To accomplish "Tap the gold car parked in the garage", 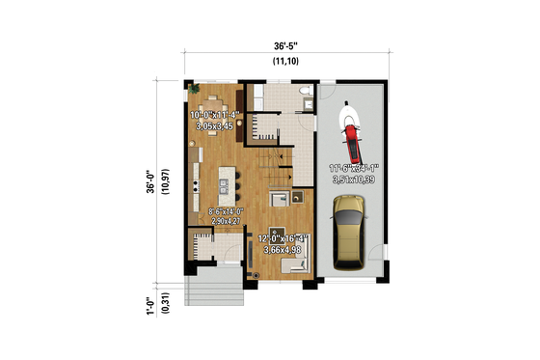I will pyautogui.click(x=348, y=232).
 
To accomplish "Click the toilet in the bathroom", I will pyautogui.click(x=305, y=94).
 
